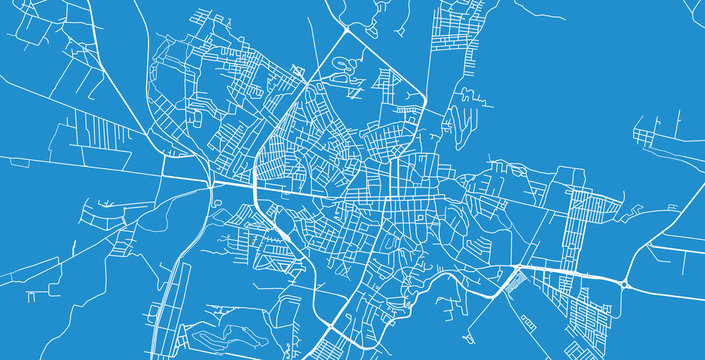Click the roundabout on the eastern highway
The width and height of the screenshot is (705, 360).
pyautogui.click(x=626, y=285)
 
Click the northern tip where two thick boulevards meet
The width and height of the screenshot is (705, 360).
pyautogui.click(x=345, y=31)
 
